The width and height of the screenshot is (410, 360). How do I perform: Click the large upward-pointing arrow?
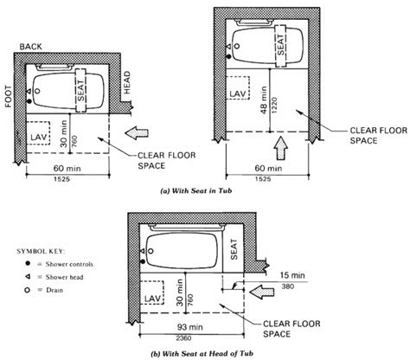point(279,139)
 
